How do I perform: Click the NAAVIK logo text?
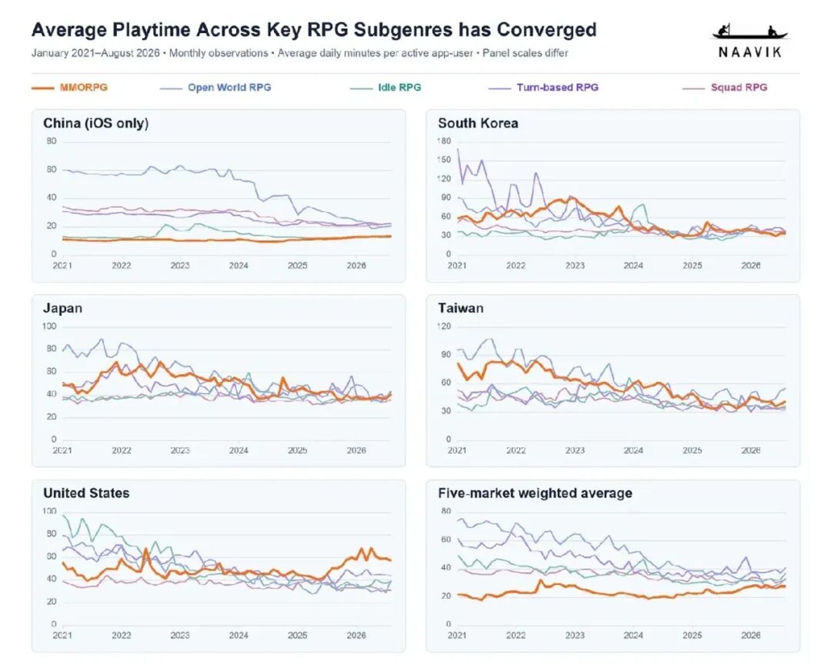(750, 52)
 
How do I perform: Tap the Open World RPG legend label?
(229, 88)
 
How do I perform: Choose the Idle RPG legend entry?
(399, 88)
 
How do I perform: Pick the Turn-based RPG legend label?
(557, 88)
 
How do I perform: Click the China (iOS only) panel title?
(96, 123)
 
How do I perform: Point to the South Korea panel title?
(478, 123)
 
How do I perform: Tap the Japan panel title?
(62, 308)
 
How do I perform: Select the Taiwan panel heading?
(461, 308)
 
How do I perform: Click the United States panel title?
(87, 493)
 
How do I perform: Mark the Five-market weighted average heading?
(535, 493)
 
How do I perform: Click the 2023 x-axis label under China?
(180, 266)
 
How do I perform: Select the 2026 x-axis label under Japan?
(356, 450)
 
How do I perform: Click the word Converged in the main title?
(547, 30)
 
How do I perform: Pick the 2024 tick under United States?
(239, 635)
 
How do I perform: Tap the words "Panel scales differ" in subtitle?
(525, 53)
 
